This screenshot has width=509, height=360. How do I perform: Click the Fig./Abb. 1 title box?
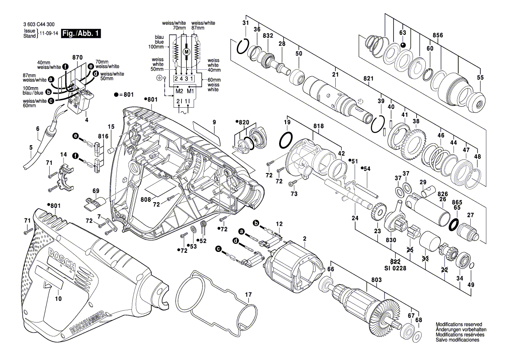[x=81, y=34]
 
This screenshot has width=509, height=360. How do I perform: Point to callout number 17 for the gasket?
[x=248, y=295]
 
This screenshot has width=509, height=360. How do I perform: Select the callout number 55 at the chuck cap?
[x=480, y=77]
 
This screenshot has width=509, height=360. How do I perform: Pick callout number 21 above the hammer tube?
[x=335, y=75]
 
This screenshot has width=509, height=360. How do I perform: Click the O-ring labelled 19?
[x=285, y=140]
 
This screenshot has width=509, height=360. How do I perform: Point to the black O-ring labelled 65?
[x=454, y=224]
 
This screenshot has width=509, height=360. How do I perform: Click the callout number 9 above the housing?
[x=214, y=123]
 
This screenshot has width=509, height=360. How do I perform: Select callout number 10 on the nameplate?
[x=58, y=299]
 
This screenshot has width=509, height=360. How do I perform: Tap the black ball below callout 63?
[x=403, y=45]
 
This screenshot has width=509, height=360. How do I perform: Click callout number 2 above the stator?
[x=304, y=238]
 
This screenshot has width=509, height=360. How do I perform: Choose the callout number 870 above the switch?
[x=78, y=58]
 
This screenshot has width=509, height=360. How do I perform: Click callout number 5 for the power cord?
[x=30, y=147]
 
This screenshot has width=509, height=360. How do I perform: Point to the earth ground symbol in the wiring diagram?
[x=159, y=78]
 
